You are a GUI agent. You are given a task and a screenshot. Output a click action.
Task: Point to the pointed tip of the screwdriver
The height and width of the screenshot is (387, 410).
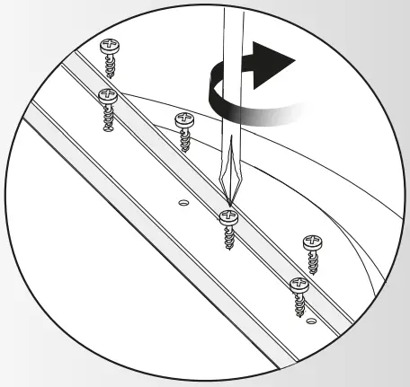pos(230,209)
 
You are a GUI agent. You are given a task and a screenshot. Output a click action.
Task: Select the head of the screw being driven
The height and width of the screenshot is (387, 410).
pos(229,216)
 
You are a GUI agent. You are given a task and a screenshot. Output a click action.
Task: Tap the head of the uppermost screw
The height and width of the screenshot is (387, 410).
pos(112,45)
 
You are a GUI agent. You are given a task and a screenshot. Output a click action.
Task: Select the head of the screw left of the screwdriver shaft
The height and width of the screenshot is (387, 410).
pos(184,119)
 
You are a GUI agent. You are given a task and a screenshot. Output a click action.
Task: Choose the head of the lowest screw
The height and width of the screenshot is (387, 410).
pos(298,286)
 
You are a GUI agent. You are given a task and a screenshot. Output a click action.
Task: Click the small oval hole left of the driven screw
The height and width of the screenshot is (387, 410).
pos(183,202)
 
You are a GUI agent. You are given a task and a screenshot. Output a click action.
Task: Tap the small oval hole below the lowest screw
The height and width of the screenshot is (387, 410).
pos(310,321)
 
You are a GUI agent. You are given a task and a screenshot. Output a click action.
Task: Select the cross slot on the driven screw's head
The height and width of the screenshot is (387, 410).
pos(229,215)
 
